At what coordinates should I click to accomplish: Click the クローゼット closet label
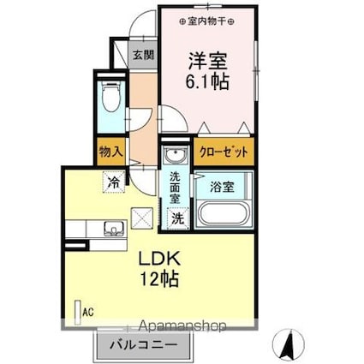tap(225, 152)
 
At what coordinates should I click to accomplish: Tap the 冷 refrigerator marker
tap(113, 181)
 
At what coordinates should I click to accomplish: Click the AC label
tap(87, 313)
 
